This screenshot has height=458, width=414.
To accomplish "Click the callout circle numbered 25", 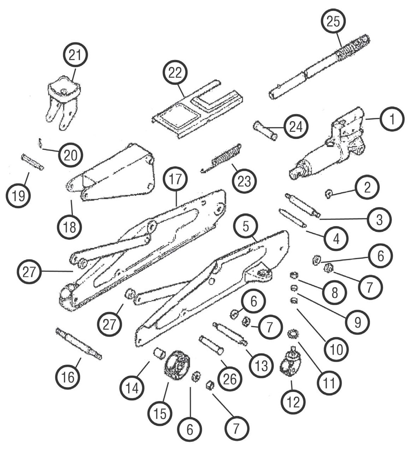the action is [333, 21].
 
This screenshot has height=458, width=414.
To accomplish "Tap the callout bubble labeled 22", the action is [175, 73].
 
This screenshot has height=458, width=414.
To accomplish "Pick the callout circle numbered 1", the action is [392, 119].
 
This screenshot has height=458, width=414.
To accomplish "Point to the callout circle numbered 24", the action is [296, 127].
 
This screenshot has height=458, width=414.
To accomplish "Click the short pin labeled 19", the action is [32, 162].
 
